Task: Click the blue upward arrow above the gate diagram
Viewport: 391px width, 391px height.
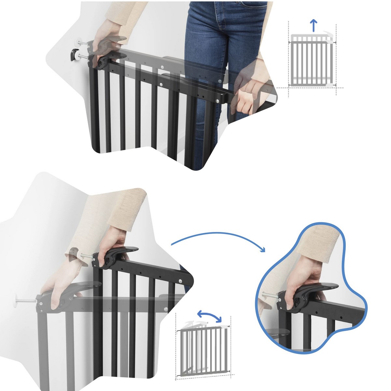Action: (x=313, y=25)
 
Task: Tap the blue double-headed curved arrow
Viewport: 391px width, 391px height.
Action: (x=210, y=315)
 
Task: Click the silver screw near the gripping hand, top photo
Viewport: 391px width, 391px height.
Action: (x=218, y=101)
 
